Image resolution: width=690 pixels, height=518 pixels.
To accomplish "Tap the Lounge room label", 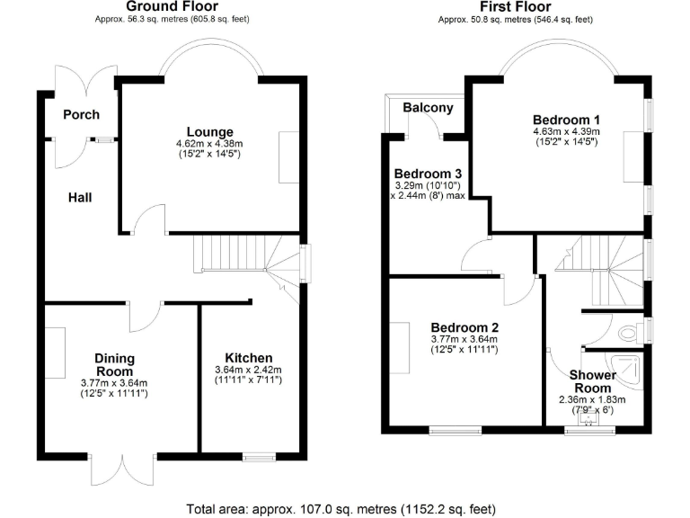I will pos(210,132).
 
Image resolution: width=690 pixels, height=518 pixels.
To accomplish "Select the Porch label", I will pos(81,115).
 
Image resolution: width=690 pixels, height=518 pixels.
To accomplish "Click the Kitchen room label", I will pos(248,358).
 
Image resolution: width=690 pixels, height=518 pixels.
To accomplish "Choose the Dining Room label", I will pos(115,364).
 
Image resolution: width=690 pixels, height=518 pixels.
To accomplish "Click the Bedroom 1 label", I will pos(566,120).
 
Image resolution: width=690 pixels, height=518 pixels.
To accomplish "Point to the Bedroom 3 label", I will pos(428,174).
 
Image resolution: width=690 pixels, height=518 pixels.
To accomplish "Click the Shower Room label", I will pos(595,381).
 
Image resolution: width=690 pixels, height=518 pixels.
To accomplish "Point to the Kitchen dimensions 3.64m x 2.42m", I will pos(248,371).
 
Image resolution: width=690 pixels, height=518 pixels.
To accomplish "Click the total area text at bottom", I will pos(345,508).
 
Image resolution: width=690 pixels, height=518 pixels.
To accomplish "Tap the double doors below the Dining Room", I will pos(121,469).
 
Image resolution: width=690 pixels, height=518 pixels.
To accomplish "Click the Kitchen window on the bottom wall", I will pos(259,458).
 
